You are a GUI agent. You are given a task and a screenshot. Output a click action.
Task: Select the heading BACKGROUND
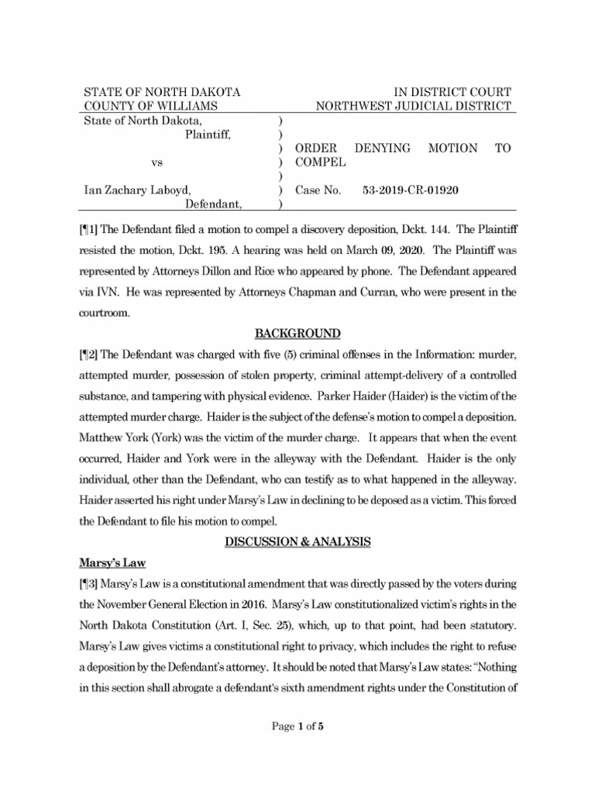[x=297, y=334]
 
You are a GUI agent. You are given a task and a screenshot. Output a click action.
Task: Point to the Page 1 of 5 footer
[x=297, y=726]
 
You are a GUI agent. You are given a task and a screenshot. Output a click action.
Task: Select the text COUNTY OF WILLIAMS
[x=151, y=106]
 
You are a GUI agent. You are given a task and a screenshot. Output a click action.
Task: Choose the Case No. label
[x=318, y=189]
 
